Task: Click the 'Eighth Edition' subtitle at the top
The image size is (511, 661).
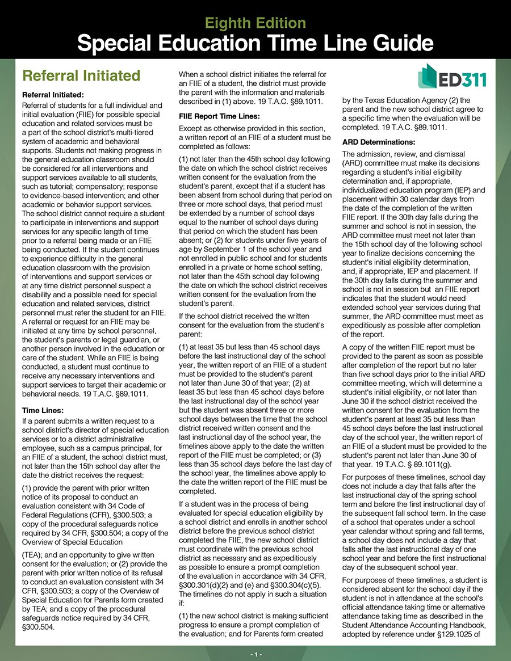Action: [255, 23]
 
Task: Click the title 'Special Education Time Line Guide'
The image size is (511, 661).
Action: [255, 43]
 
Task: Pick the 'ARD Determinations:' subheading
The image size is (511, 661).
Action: [379, 141]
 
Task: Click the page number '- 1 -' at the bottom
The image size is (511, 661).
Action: [255, 654]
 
